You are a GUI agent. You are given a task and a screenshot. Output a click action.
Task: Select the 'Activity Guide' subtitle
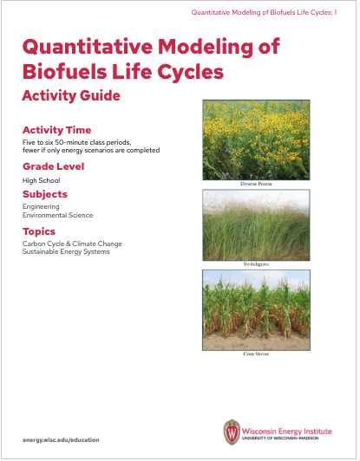71,94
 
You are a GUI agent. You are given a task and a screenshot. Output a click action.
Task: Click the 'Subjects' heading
45,194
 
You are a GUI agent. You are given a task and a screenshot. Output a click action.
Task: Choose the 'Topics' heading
39,231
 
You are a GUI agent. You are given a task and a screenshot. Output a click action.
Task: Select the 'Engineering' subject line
41,207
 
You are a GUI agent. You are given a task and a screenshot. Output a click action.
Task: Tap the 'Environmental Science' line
57,215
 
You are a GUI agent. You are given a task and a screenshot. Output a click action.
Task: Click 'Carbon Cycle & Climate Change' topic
71,244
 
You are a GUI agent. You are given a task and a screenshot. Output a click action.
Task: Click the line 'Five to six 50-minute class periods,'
78,142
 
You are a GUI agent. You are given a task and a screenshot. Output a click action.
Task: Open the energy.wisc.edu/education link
62,439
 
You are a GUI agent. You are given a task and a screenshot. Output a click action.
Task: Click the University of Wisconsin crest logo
231,432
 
